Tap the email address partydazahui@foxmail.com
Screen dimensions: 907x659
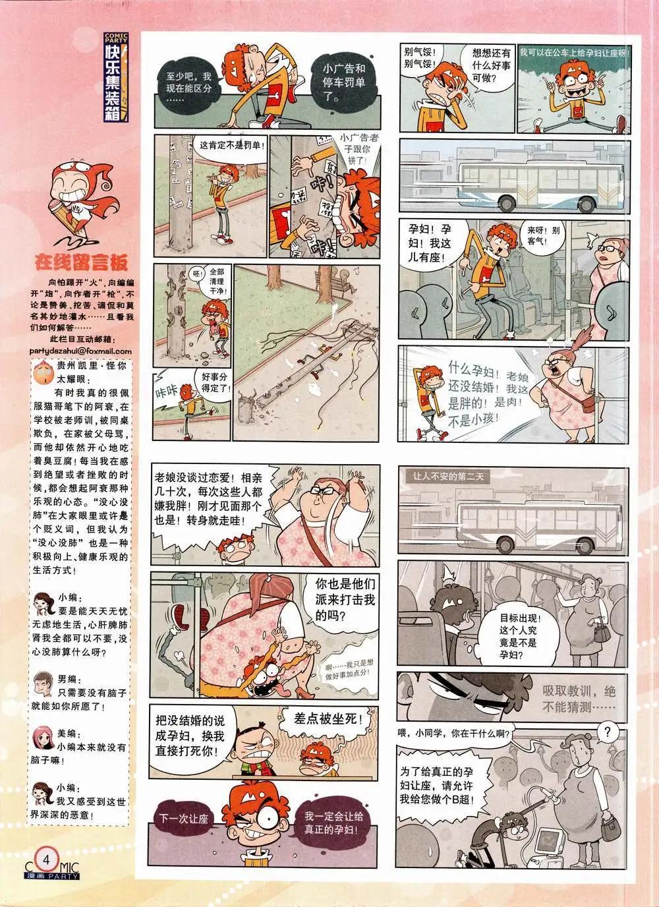80,351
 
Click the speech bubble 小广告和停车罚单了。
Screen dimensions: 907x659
343,79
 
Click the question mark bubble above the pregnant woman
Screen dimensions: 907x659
611,731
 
